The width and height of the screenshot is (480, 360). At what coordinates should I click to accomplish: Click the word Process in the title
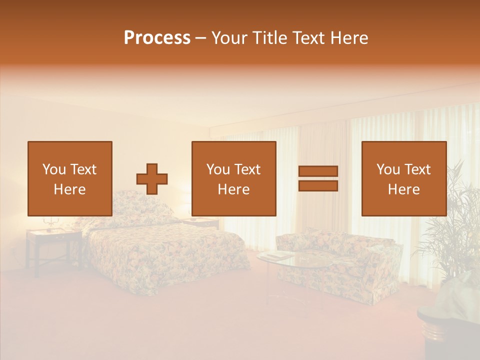pyautogui.click(x=157, y=38)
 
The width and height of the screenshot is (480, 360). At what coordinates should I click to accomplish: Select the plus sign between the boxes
pyautogui.click(x=152, y=179)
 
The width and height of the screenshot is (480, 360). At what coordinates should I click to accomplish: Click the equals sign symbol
pyautogui.click(x=318, y=178)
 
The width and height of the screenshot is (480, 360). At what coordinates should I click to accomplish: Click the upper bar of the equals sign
pyautogui.click(x=318, y=171)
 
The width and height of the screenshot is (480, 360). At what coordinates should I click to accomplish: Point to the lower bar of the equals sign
pyautogui.click(x=318, y=185)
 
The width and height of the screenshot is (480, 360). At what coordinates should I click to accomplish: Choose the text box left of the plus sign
pyautogui.click(x=69, y=178)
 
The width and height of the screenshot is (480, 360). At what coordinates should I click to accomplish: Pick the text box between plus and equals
pyautogui.click(x=233, y=178)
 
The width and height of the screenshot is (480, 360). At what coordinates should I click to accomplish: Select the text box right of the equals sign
pyautogui.click(x=403, y=178)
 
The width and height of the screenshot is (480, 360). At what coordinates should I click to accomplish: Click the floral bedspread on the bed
pyautogui.click(x=165, y=255)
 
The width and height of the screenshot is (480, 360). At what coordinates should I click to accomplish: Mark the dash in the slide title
pyautogui.click(x=200, y=38)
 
